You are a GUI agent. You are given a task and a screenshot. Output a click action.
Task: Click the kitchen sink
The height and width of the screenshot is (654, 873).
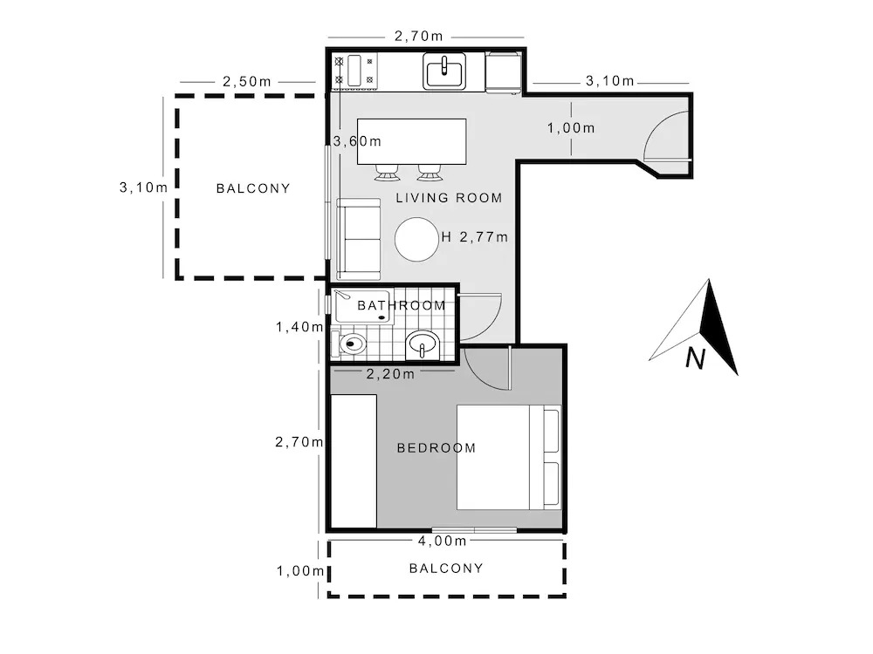(x=444, y=71)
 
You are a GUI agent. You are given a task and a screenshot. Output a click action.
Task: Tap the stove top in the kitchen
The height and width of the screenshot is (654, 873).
(x=354, y=71)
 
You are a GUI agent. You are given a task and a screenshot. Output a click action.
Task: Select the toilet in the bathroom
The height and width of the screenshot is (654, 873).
(x=348, y=344)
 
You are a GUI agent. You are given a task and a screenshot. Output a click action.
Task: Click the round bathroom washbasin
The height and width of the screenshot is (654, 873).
(x=422, y=345)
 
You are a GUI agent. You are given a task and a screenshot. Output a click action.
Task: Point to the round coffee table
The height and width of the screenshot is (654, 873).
(x=416, y=239)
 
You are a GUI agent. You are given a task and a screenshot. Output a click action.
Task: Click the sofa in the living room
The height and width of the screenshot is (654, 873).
(x=358, y=239)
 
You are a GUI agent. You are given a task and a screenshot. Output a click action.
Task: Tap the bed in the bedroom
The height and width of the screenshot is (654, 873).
(x=508, y=457)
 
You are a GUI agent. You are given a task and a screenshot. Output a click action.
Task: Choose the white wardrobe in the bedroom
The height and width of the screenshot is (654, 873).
(x=354, y=461)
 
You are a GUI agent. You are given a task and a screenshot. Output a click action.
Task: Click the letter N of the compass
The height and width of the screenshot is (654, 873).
(x=696, y=358)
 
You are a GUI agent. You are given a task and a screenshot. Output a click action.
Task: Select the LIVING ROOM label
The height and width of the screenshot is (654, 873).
(x=449, y=198)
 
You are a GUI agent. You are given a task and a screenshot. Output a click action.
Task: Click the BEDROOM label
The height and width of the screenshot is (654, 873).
(x=436, y=448)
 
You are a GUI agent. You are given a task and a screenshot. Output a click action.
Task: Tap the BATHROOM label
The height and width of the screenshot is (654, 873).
(x=402, y=305)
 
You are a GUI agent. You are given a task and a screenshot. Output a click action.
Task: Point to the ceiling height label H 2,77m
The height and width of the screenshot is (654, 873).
(x=474, y=237)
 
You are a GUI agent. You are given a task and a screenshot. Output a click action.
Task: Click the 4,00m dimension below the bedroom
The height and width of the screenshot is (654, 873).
(x=442, y=541)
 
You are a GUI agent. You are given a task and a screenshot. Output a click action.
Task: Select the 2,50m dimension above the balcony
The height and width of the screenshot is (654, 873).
(x=247, y=82)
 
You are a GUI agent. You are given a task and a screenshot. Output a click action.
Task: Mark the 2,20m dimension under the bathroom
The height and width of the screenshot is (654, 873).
(x=390, y=374)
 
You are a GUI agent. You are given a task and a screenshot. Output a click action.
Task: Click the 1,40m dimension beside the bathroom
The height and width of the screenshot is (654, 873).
(x=299, y=327)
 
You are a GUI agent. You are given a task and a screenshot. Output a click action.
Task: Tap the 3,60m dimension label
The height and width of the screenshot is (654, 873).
(x=357, y=141)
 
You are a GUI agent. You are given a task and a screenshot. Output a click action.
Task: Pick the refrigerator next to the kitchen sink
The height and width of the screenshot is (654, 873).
(x=504, y=72)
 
